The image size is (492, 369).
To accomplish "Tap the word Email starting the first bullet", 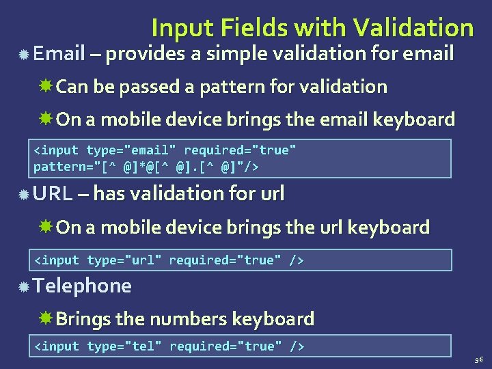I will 58,53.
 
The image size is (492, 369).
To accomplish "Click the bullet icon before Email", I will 23,54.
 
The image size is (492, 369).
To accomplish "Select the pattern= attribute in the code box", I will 63,166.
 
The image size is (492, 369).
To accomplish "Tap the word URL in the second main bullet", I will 53,194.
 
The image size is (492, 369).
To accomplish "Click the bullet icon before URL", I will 23,195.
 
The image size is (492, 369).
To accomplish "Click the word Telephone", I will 82,286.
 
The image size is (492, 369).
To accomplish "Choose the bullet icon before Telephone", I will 23,286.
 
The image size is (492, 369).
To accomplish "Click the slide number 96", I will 478,358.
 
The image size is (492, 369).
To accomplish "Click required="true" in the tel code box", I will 225,346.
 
